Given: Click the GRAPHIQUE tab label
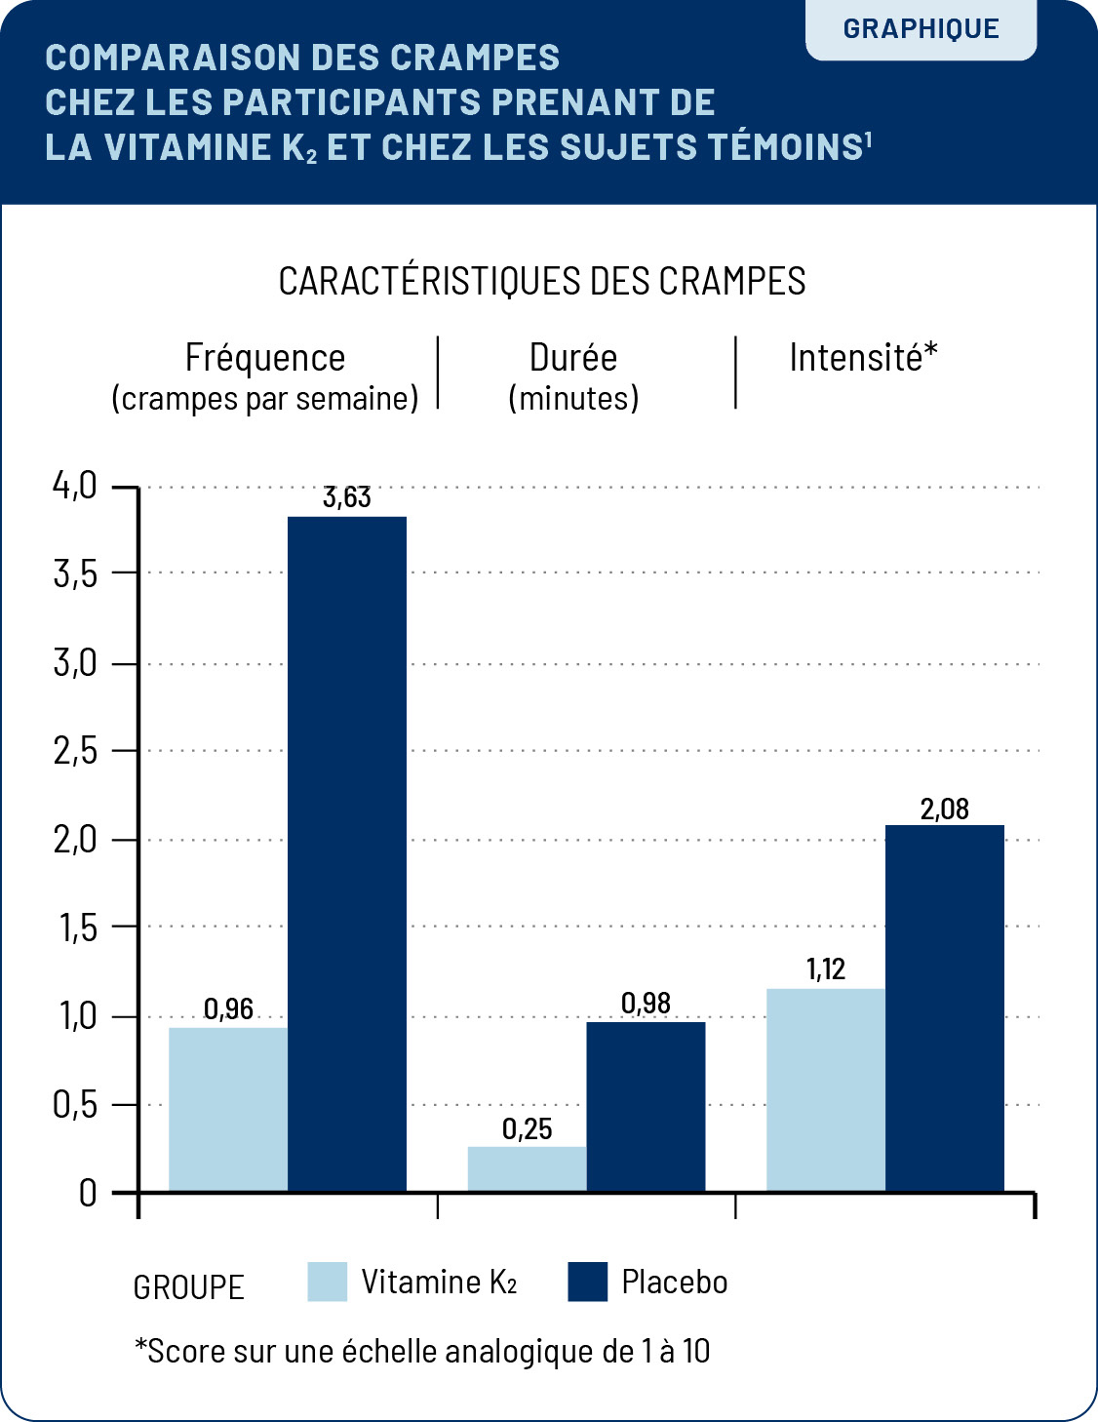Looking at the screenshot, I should [x=921, y=29].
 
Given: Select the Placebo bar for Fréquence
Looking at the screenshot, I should [x=347, y=853].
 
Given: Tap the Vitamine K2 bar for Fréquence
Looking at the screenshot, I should [x=228, y=1109].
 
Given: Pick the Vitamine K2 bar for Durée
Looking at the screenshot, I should [x=527, y=1168].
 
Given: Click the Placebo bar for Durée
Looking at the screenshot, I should [x=646, y=1106].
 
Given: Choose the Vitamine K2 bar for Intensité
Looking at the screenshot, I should [x=826, y=1089].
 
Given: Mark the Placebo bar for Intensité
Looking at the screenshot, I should [x=945, y=1007].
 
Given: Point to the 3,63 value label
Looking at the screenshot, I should [x=347, y=497].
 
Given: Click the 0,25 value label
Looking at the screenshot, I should [x=527, y=1129].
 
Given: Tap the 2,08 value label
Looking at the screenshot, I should [x=945, y=809].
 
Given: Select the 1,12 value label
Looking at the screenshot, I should [x=826, y=969].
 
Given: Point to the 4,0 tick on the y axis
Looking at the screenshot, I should [x=75, y=485].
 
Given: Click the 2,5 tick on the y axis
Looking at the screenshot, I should [x=75, y=751].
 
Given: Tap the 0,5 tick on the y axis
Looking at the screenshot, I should [x=75, y=1105].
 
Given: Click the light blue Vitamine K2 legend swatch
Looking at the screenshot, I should [x=328, y=1282].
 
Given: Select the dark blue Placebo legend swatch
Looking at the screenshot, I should [x=587, y=1282].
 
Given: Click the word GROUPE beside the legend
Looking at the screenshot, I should [x=188, y=1287].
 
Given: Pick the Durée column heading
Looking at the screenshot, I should [x=573, y=358].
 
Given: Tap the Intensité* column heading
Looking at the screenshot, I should [x=863, y=358].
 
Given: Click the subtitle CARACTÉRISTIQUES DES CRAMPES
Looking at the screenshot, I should [x=542, y=281].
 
